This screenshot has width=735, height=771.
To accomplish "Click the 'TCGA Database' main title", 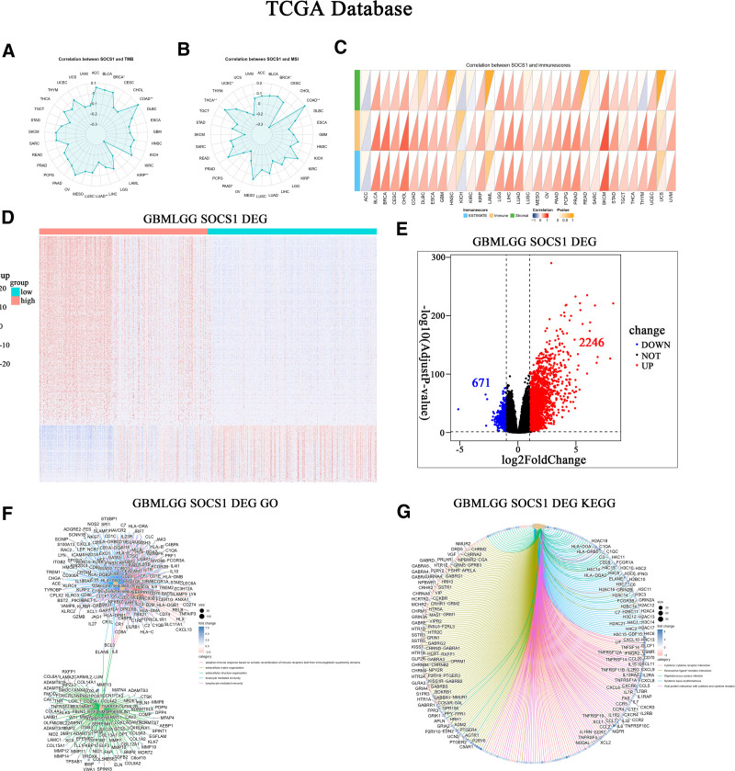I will [x=367, y=11].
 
